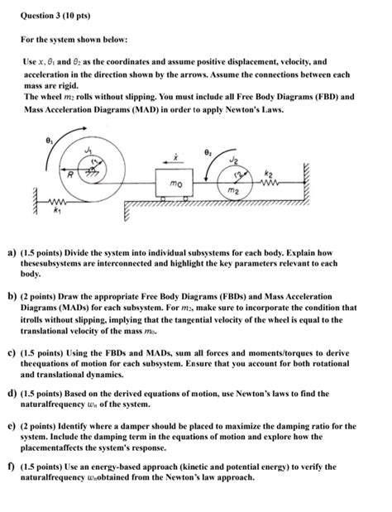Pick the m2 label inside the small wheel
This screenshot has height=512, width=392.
click(235, 192)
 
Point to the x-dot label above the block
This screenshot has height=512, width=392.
click(166, 154)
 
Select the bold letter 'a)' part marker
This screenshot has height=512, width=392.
click(12, 249)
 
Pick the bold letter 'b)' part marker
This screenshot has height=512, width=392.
click(12, 296)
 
